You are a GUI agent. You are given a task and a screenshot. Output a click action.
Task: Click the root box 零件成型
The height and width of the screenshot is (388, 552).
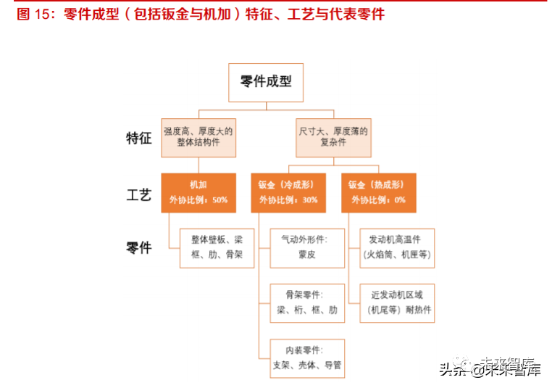pyautogui.click(x=266, y=82)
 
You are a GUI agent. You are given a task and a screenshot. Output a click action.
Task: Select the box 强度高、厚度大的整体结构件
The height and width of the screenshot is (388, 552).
pyautogui.click(x=198, y=138)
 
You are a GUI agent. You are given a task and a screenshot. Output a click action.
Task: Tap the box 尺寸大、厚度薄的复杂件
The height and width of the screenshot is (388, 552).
pyautogui.click(x=333, y=138)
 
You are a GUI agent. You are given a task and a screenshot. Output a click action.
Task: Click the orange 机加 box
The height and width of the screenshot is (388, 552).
pyautogui.click(x=198, y=192)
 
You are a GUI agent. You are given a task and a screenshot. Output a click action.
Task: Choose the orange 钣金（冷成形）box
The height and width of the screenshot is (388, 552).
pyautogui.click(x=288, y=192)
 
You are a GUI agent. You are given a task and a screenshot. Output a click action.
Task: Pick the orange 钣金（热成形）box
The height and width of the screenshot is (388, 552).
pyautogui.click(x=378, y=192)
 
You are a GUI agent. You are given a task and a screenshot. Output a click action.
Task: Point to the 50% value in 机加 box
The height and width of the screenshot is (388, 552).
pyautogui.click(x=219, y=199)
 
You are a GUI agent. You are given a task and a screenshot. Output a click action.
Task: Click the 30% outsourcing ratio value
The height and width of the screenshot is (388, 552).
pyautogui.click(x=309, y=199)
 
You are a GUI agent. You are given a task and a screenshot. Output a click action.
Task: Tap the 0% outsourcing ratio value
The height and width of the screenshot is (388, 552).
pyautogui.click(x=400, y=199)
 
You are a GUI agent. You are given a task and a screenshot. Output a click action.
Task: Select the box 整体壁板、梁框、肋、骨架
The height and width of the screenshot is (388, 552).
pyautogui.click(x=217, y=247)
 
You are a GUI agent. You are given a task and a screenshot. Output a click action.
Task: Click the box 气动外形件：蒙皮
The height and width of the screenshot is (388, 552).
pyautogui.click(x=307, y=247)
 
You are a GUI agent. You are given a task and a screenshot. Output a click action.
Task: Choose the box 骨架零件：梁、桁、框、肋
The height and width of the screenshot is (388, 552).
pyautogui.click(x=307, y=302)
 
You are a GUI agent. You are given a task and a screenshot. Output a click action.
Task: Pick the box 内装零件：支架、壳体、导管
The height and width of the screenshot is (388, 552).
pyautogui.click(x=307, y=358)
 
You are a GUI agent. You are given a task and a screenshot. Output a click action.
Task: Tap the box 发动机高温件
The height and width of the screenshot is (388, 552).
pyautogui.click(x=397, y=247)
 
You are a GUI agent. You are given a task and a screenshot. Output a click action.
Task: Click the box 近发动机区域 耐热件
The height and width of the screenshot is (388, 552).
pyautogui.click(x=397, y=302)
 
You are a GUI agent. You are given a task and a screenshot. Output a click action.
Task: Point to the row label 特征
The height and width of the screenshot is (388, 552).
pyautogui.click(x=139, y=139)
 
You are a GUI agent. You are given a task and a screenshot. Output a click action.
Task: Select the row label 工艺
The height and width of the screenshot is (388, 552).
pyautogui.click(x=139, y=194)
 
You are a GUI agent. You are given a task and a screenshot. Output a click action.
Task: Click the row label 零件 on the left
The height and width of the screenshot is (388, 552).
pyautogui.click(x=139, y=248)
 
